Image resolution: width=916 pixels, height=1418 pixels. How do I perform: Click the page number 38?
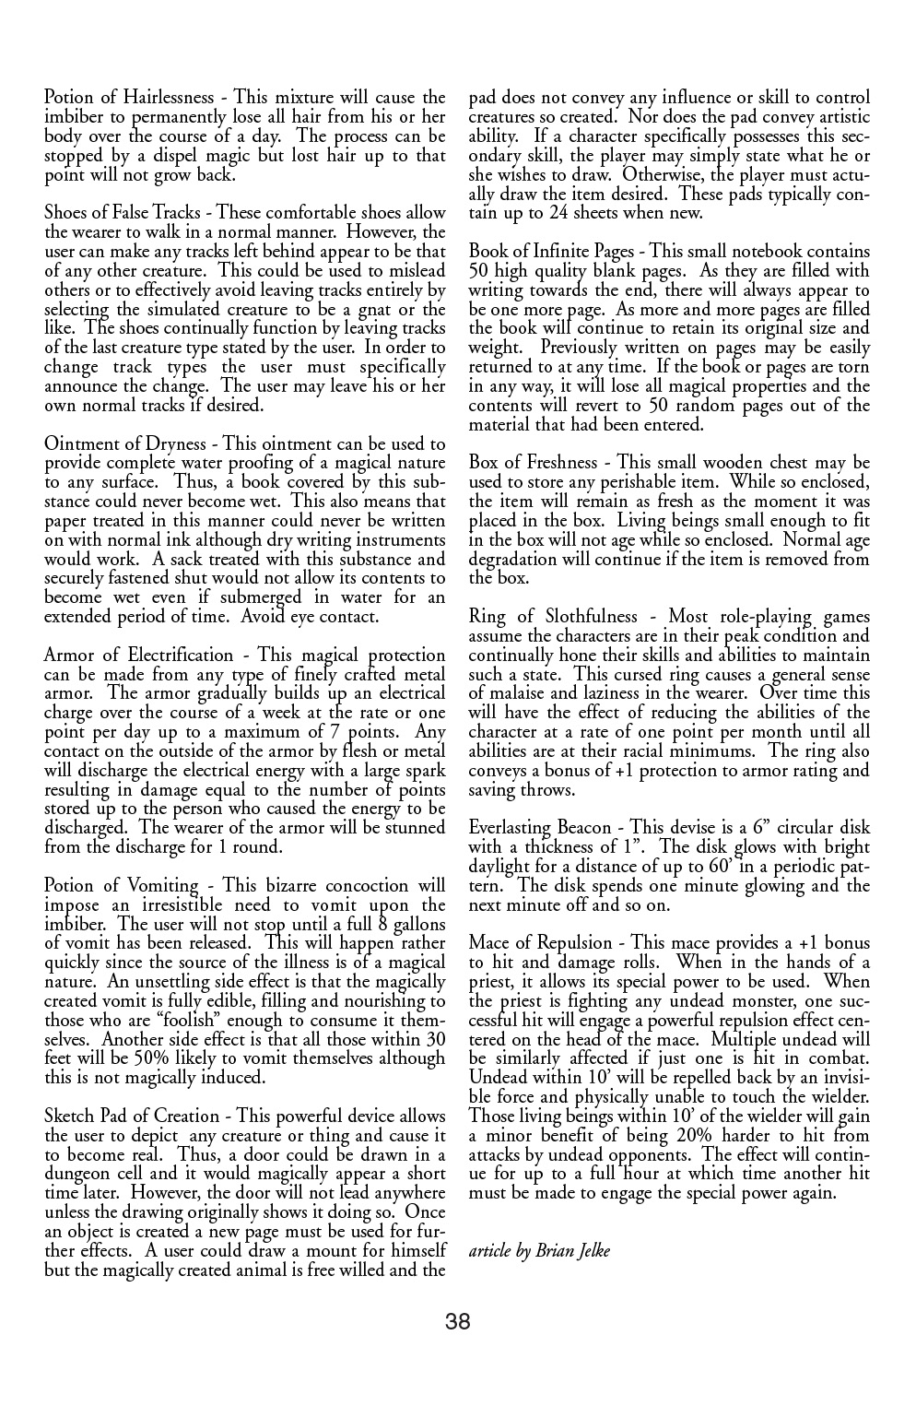point(458,1322)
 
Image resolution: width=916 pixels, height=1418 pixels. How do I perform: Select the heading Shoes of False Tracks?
point(123,213)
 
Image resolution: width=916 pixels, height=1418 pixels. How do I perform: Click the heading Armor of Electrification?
point(139,656)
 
